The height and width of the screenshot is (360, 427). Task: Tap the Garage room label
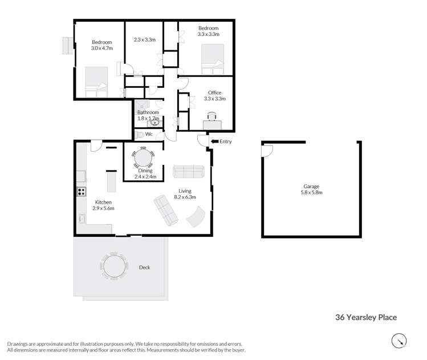(311, 187)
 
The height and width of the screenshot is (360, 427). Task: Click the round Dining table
(143, 156)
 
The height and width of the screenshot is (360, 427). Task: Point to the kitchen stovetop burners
(82, 192)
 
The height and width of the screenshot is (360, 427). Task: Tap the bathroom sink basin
(153, 123)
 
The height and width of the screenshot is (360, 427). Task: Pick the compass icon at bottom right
(399, 341)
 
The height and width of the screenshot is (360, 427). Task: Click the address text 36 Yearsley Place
(365, 318)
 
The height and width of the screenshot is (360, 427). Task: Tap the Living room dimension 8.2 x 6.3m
(184, 197)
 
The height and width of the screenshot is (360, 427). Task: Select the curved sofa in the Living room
(196, 217)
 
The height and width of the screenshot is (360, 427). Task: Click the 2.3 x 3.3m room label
(145, 40)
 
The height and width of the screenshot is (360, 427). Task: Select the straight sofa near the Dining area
(188, 171)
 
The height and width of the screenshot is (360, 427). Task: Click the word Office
(214, 92)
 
